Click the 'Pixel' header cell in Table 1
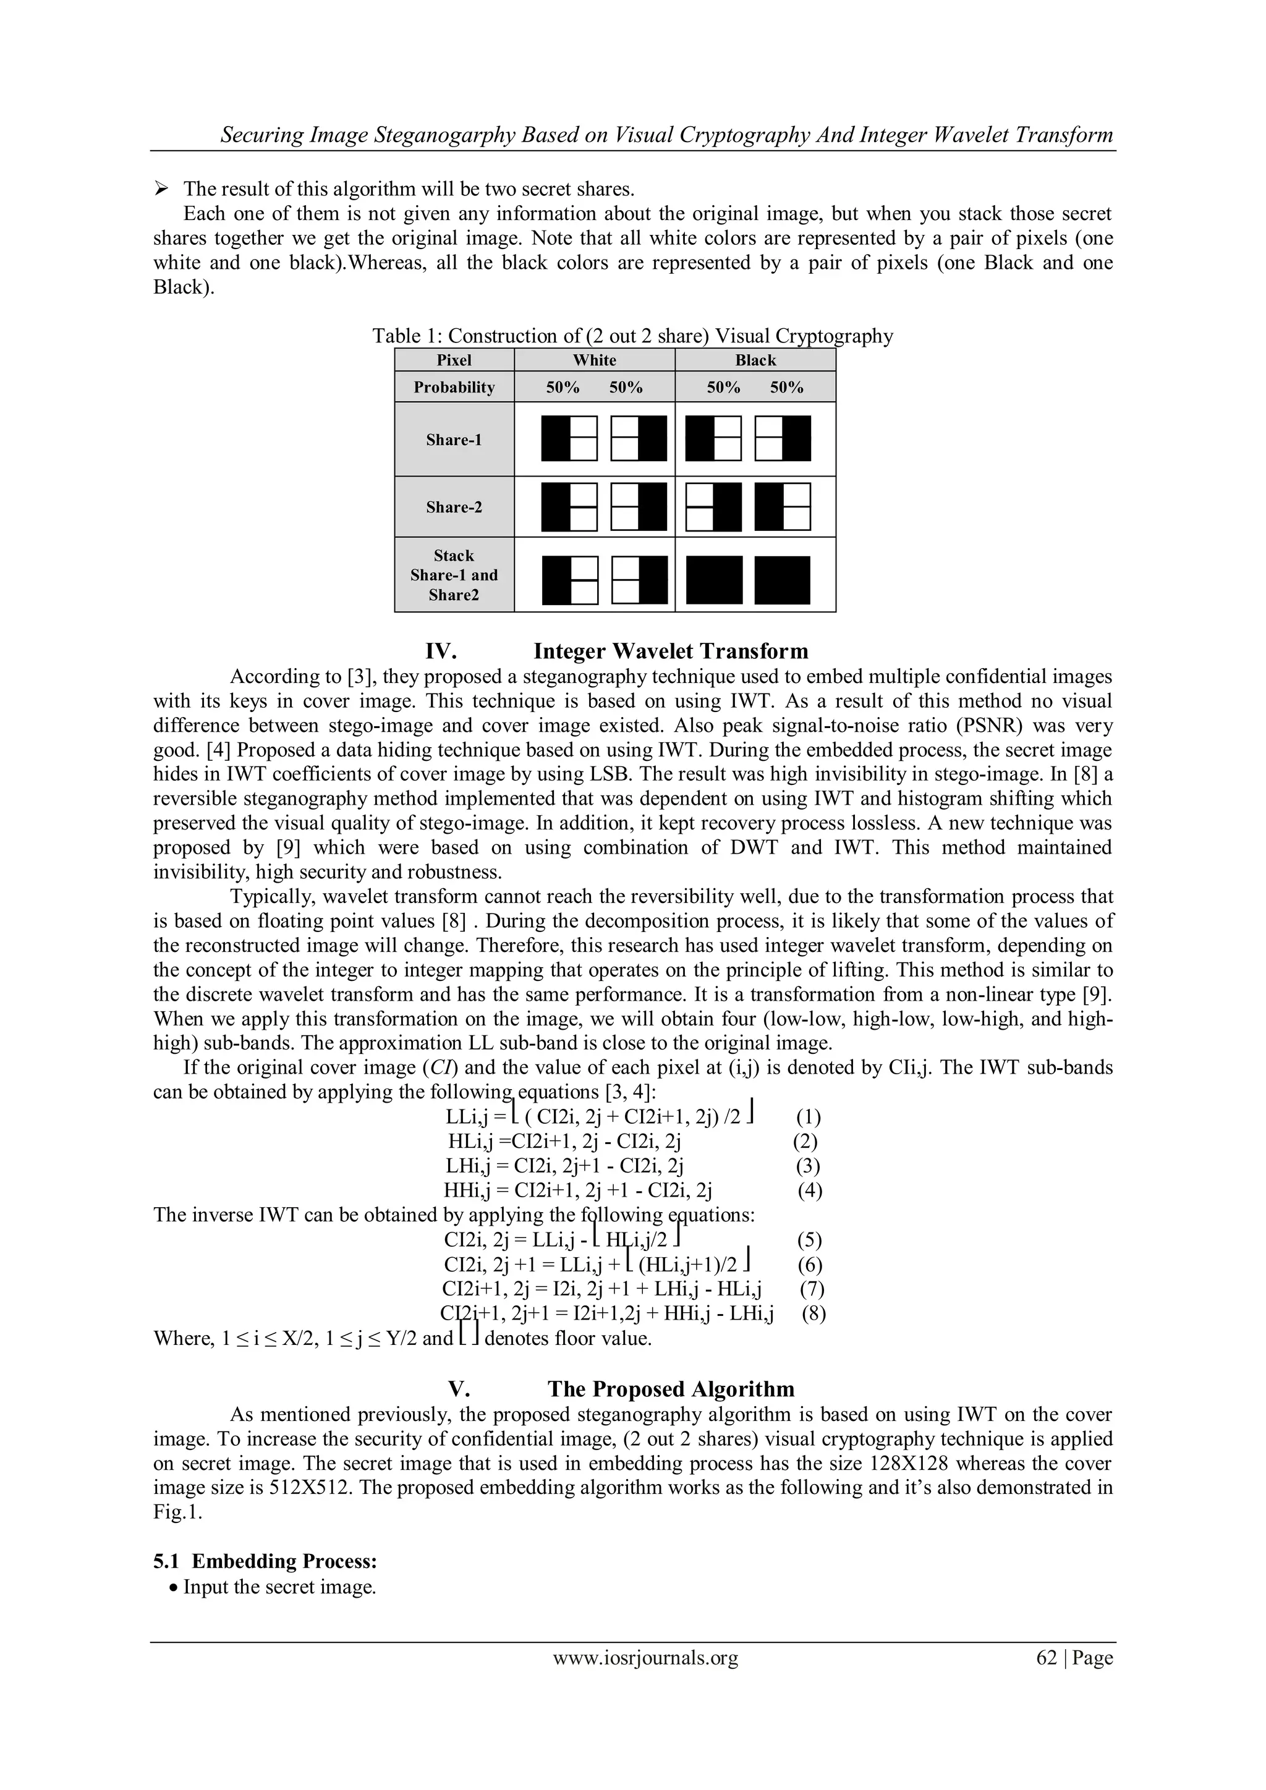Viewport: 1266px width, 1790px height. coord(454,360)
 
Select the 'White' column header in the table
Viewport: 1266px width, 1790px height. coord(594,360)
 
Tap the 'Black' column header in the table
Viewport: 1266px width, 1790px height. coord(755,360)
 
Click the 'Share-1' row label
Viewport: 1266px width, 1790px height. coord(454,439)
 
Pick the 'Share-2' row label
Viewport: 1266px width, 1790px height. coord(454,507)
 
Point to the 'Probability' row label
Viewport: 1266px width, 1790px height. coord(454,388)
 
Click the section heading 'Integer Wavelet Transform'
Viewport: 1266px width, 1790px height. coord(671,651)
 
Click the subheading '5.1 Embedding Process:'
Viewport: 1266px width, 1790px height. coord(265,1561)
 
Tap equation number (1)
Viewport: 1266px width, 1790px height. coord(809,1117)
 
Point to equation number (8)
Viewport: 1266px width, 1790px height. coord(814,1313)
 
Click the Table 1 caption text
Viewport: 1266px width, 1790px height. coord(632,336)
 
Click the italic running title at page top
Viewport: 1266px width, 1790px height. coord(666,135)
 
